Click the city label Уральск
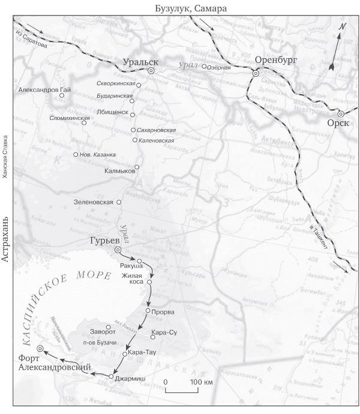tap(140, 62)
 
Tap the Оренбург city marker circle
tap(256, 73)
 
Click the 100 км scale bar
tap(184, 391)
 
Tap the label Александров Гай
tap(43, 89)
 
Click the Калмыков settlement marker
tap(137, 167)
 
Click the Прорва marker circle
tap(148, 311)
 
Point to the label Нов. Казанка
tap(99, 155)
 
